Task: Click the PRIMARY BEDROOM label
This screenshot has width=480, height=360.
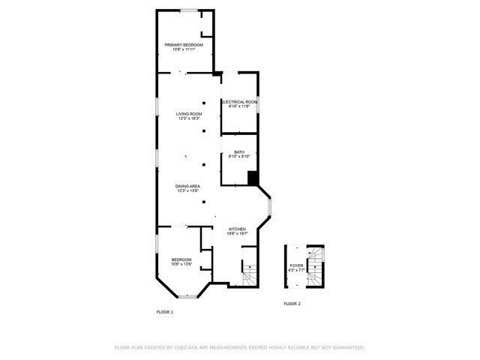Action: tap(184, 45)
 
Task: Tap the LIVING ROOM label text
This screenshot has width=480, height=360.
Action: tap(189, 113)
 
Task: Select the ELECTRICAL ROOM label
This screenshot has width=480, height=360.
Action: tap(239, 101)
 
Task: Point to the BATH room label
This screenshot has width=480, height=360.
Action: tap(239, 151)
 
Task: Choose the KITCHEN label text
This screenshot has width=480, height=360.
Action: tap(237, 229)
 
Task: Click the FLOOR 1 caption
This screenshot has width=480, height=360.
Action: tap(164, 311)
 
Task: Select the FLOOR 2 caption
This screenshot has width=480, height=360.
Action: tap(292, 304)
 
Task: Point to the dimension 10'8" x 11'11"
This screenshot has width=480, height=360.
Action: tap(184, 50)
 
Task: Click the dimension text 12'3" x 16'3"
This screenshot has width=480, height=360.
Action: tap(189, 118)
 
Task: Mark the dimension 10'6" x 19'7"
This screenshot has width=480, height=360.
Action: tap(237, 233)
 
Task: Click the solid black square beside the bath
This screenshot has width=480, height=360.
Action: tap(253, 178)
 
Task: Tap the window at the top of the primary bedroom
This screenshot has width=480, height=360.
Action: tap(188, 10)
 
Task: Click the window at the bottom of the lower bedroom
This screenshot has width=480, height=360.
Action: tap(187, 298)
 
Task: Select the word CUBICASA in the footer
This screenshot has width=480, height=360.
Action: tap(190, 347)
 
